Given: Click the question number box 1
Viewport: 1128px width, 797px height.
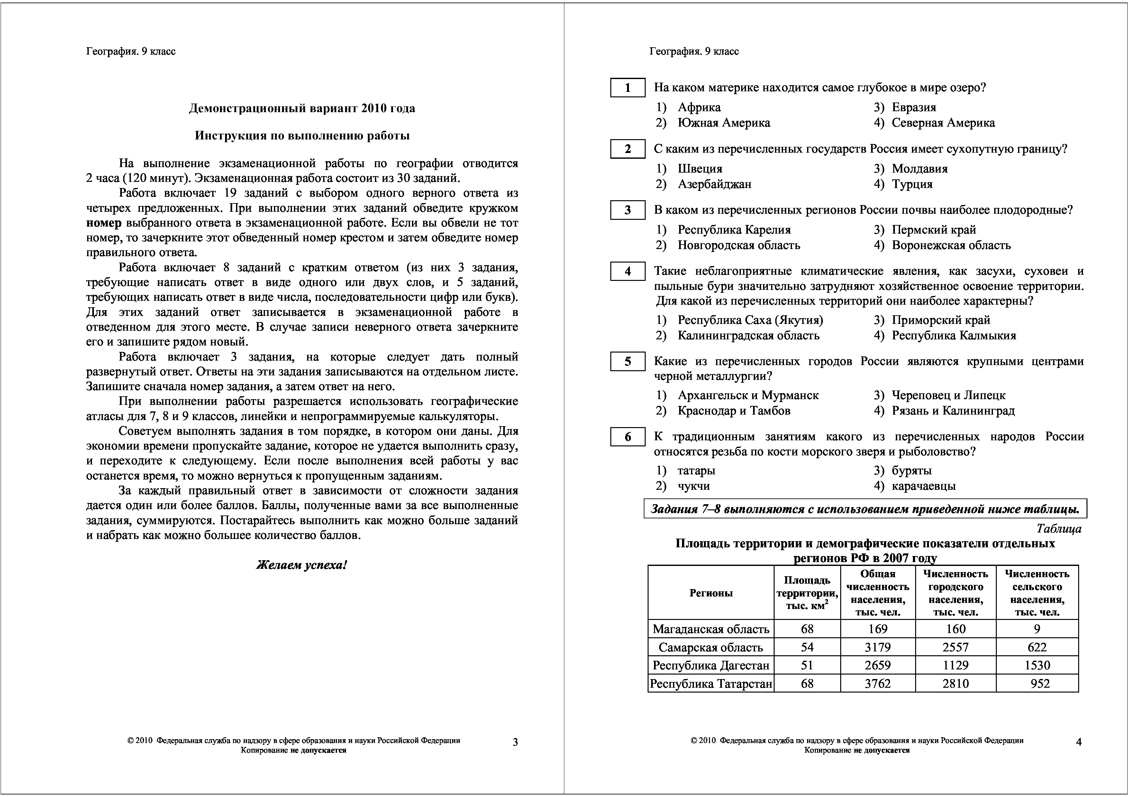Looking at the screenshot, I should click(x=627, y=88).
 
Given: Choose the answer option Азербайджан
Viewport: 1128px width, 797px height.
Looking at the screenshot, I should click(x=714, y=184).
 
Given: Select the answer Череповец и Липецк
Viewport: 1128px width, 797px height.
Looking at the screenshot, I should click(x=948, y=395).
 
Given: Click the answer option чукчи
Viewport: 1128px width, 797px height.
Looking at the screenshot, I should click(x=694, y=486).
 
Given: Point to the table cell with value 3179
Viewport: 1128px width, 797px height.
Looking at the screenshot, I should click(x=878, y=647).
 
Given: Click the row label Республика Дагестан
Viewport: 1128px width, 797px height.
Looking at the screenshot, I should click(x=710, y=665).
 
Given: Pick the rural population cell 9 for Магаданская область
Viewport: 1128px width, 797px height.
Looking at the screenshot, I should click(x=1037, y=629).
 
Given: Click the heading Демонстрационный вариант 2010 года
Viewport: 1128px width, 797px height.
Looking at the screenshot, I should click(x=302, y=108).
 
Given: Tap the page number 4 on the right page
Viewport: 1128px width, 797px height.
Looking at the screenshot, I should click(x=1079, y=742).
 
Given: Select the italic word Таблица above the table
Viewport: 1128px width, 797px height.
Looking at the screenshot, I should click(x=1059, y=529).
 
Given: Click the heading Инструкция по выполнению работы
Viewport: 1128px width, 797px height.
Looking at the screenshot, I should click(x=302, y=136).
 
